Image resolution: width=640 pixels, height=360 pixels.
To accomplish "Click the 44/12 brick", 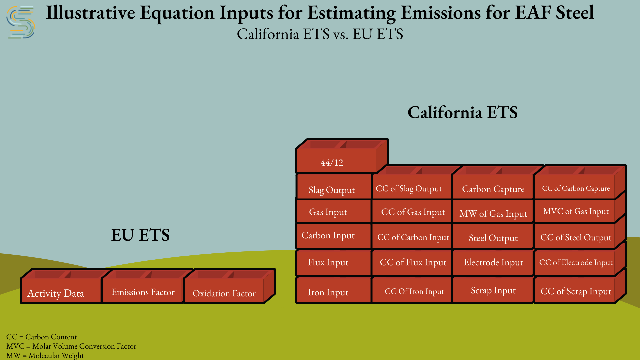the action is (x=342, y=156).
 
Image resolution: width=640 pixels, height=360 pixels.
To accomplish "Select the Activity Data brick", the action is (x=61, y=286).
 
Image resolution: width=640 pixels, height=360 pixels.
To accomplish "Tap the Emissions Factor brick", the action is (x=143, y=286).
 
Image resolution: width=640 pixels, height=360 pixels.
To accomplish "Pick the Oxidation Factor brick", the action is (x=224, y=286).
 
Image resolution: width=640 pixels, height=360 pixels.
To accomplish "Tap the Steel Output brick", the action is (x=493, y=236).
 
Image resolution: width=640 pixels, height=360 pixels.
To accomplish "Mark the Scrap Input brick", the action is (x=493, y=289).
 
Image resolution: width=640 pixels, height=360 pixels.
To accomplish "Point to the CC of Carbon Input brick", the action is (x=412, y=236).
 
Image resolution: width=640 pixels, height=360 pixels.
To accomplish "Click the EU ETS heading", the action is (x=140, y=235).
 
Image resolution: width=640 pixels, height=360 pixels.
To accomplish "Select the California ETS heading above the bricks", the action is (x=462, y=112).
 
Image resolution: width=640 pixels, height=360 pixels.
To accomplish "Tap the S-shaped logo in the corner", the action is (x=21, y=22).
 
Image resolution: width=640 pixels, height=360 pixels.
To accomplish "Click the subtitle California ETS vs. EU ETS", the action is (x=320, y=34).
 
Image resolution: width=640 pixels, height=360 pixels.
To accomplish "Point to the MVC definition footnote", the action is (x=71, y=346).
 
